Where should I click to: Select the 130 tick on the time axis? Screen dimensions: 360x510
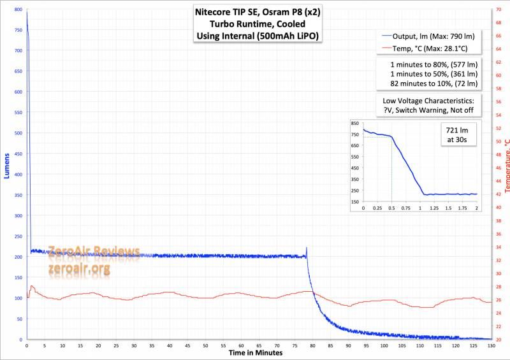490,345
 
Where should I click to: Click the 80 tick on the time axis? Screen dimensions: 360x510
312,345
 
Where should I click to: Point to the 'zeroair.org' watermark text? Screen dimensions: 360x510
78,270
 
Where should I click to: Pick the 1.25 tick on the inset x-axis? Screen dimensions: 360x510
434,208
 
